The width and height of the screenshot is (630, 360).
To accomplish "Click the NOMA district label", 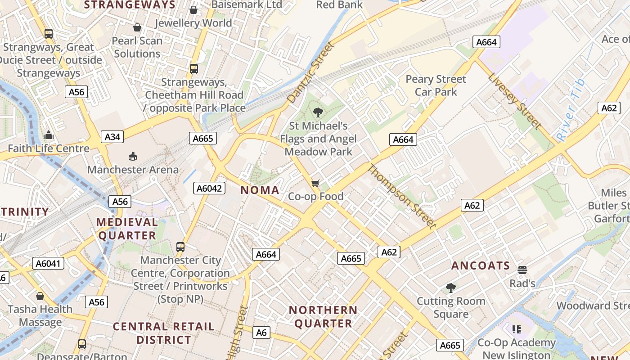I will pos(260,190).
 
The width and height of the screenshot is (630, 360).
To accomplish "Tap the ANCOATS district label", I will pos(481,265).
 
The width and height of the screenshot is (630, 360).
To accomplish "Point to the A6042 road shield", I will pos(209,188).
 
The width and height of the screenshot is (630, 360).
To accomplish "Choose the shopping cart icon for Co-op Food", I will pos(315,183).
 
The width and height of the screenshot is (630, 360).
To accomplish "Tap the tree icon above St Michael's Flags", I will pos(318,112).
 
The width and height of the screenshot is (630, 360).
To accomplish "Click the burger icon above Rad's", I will pos(522,270).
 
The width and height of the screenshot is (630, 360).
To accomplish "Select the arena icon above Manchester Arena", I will pos(133,157).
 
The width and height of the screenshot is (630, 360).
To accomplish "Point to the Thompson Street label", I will pos(402,196).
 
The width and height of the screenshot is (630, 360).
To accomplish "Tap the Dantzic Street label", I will pos(311,72).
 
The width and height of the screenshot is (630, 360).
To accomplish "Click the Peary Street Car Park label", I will pos(436,85).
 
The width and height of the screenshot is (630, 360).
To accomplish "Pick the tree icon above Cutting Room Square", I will pos(450,288).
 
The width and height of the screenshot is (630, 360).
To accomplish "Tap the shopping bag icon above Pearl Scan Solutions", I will pos(137,27).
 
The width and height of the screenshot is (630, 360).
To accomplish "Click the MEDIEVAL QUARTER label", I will pos(127,229).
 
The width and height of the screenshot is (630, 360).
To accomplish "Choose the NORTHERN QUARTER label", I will pos(323,317).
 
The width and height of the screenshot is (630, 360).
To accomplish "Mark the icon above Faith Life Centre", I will pos(49,135).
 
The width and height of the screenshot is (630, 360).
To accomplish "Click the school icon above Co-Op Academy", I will pos(517,329).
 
